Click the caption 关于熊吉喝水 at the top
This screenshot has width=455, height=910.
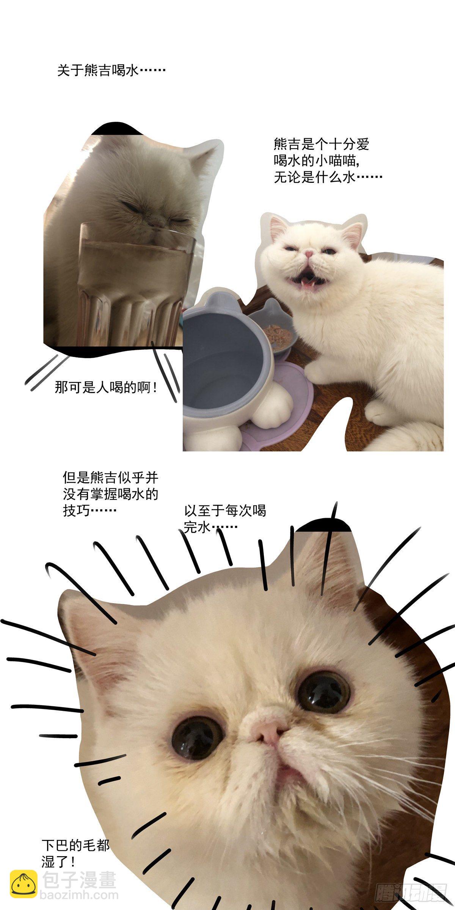pyautogui.click(x=111, y=71)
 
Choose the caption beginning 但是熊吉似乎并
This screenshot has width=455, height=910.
pyautogui.click(x=110, y=493)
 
